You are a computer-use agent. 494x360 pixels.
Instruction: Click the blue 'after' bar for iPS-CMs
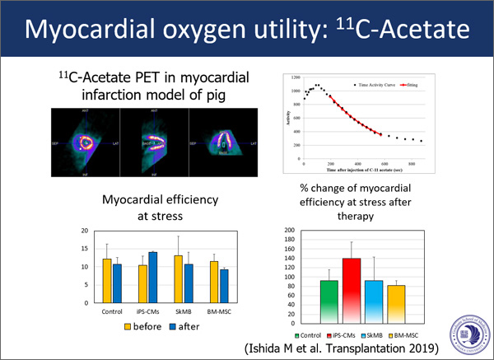click(152, 278)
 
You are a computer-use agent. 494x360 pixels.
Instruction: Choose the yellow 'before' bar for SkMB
click(178, 279)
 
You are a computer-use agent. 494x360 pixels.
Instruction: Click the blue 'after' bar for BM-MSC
click(224, 286)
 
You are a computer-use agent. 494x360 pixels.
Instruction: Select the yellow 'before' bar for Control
click(107, 281)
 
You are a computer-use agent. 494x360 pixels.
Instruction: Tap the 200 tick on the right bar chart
click(287, 231)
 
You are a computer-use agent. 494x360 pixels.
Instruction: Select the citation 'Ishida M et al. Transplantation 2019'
click(380, 349)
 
